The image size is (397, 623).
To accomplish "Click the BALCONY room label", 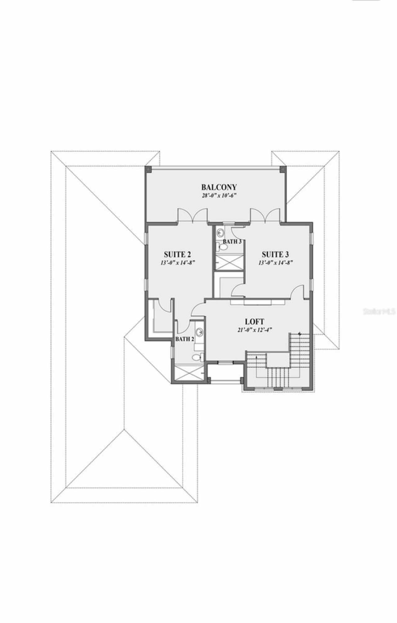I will pos(219,187).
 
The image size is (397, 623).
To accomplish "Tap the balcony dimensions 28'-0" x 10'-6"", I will pos(219,196).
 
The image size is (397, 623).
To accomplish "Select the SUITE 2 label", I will pos(177,254).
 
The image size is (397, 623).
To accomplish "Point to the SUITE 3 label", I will pos(275,254).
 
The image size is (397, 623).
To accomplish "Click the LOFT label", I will pos(254,321).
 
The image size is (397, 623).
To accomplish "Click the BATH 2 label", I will pos(185,339).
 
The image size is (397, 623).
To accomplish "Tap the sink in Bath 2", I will pos(200,332).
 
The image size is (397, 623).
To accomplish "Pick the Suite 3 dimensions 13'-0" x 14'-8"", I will pos(275,262).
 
